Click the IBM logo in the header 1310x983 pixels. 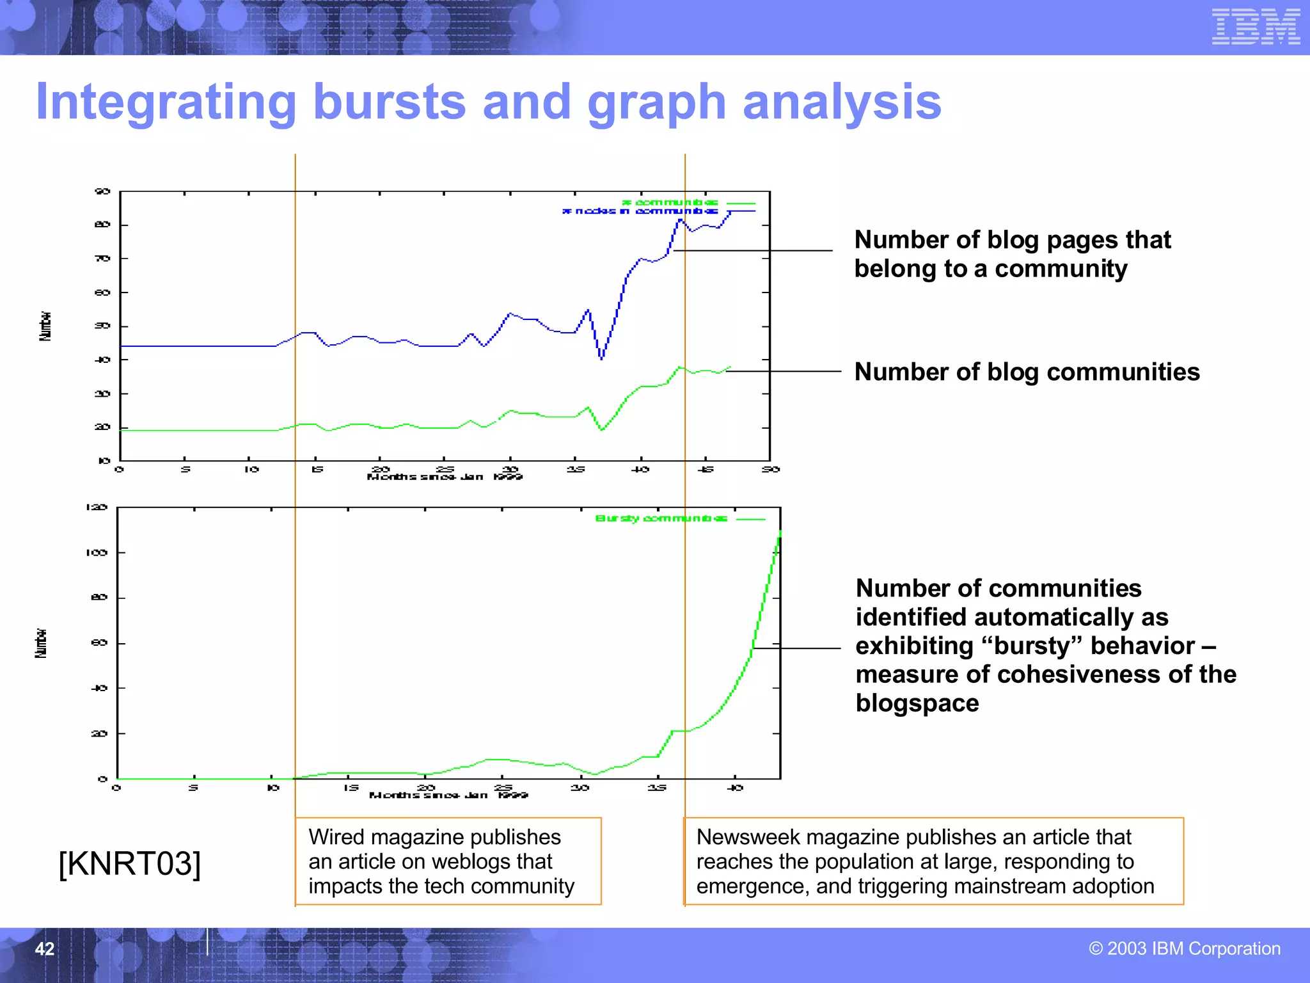pyautogui.click(x=1255, y=27)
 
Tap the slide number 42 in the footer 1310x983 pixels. pyautogui.click(x=44, y=948)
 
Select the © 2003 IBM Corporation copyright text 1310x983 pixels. pyautogui.click(x=1185, y=948)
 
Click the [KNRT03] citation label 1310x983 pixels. pyautogui.click(x=130, y=863)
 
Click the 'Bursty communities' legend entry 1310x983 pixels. pyautogui.click(x=661, y=518)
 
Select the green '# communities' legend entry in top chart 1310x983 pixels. pyautogui.click(x=670, y=202)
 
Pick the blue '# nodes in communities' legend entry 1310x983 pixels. pyautogui.click(x=640, y=211)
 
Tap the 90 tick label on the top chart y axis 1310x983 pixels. pyautogui.click(x=102, y=191)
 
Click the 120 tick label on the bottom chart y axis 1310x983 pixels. pyautogui.click(x=97, y=507)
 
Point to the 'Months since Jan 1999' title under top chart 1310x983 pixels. pyautogui.click(x=445, y=477)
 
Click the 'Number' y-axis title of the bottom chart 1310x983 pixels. pyautogui.click(x=41, y=643)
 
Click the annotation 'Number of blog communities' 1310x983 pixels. pyautogui.click(x=1027, y=372)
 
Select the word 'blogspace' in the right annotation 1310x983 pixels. pyautogui.click(x=917, y=703)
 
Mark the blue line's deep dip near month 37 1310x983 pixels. pyautogui.click(x=601, y=358)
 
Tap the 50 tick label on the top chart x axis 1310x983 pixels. pyautogui.click(x=770, y=470)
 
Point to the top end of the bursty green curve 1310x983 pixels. pyautogui.click(x=780, y=531)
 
